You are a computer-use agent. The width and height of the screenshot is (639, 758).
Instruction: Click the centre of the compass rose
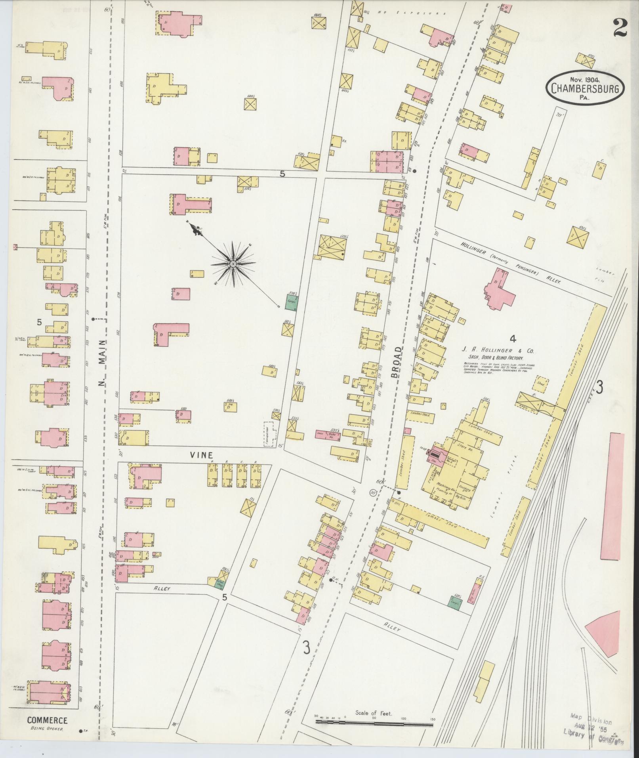[x=233, y=263]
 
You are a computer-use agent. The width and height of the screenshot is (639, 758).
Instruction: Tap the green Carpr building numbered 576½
[x=292, y=300]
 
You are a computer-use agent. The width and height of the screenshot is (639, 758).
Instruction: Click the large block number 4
[x=513, y=338]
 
